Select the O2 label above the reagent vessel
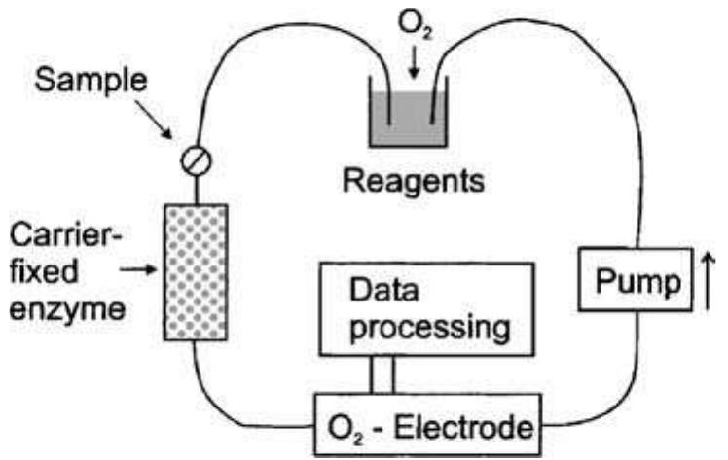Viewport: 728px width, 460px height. coord(410,21)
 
